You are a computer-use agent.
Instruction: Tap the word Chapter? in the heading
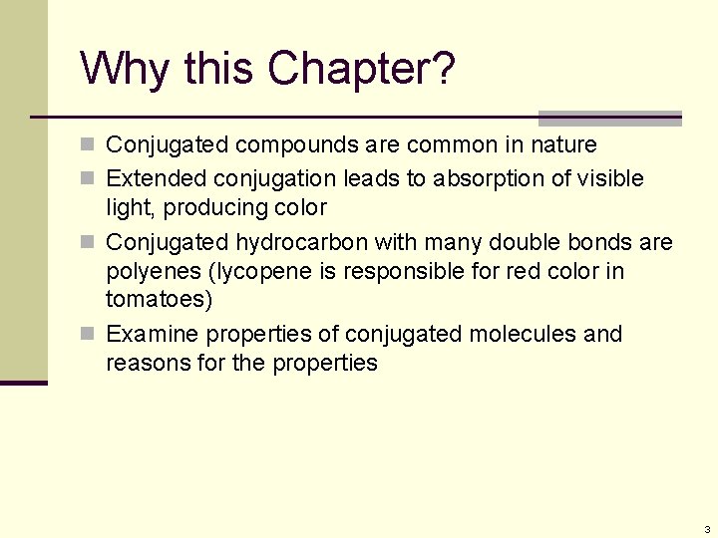[x=361, y=71]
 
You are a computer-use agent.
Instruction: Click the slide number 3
[x=707, y=529]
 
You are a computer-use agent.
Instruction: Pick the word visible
[x=610, y=178]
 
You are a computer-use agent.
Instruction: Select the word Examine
[x=152, y=334]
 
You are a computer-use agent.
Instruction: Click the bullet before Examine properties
[x=89, y=334]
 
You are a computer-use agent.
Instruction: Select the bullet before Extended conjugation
[x=89, y=178]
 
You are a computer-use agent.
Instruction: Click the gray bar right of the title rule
[x=609, y=119]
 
